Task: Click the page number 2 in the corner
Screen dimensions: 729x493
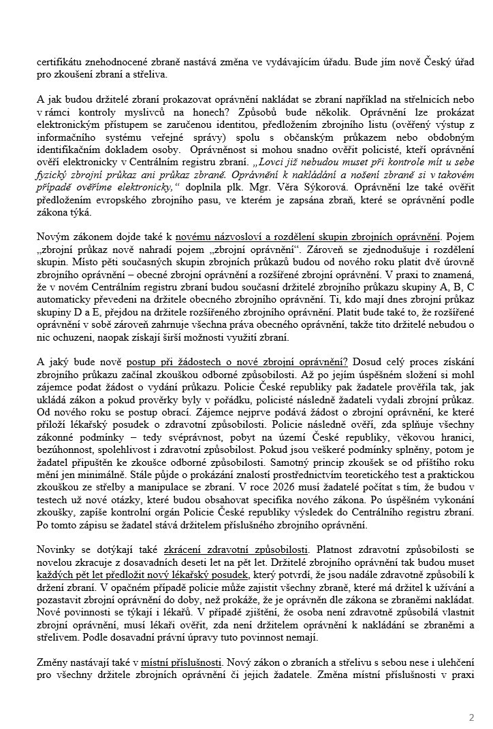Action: (x=471, y=717)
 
